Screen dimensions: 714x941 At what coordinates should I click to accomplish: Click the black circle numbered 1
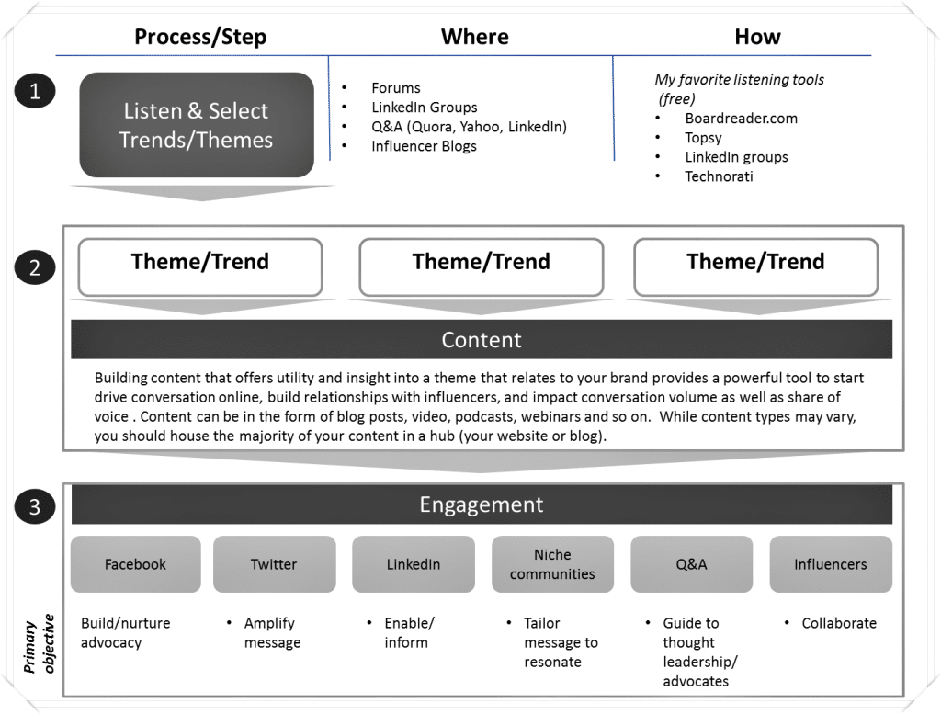tap(35, 91)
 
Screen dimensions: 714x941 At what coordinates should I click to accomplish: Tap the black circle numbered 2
tap(35, 268)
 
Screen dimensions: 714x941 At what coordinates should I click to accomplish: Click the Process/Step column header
tap(200, 37)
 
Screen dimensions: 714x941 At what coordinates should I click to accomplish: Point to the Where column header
tap(474, 37)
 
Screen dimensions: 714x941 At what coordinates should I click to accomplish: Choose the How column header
tap(757, 37)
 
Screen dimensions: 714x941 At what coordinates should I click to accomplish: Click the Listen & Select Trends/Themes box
tap(198, 125)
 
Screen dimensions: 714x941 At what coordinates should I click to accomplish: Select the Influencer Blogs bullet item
tap(424, 146)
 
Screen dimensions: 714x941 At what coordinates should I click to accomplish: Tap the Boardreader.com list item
tap(741, 119)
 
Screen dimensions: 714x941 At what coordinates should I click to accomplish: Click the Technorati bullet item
tap(719, 176)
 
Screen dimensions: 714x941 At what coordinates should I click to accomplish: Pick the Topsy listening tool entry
tap(703, 138)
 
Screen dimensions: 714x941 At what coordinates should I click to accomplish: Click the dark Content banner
tap(482, 340)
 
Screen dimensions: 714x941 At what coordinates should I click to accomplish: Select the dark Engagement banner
tap(482, 504)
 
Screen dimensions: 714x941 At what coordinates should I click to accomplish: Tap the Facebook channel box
tap(135, 564)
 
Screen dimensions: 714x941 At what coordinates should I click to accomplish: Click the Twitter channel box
tap(274, 564)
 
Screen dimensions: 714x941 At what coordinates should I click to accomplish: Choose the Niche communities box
tap(552, 564)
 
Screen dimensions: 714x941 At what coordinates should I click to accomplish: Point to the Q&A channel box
tap(691, 564)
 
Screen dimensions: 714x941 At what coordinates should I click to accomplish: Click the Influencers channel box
tap(830, 564)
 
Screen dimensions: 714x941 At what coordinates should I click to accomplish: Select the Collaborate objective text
tap(839, 623)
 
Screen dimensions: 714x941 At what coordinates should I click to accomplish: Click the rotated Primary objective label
tap(40, 642)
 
